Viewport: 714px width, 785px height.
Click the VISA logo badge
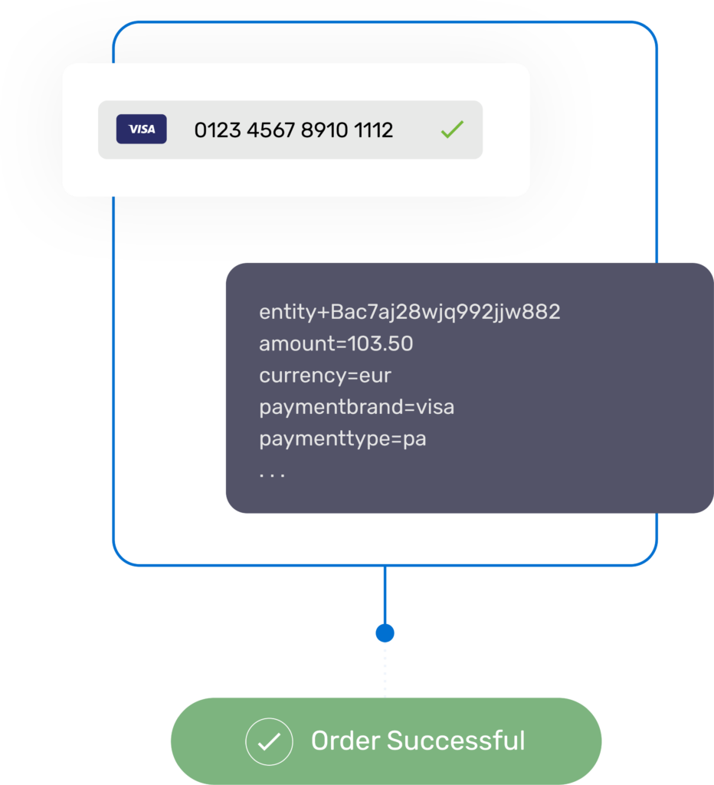pos(141,130)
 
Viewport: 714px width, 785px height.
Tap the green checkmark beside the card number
pos(452,130)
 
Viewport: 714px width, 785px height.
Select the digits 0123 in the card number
pos(217,130)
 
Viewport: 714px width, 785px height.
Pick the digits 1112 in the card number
pos(374,130)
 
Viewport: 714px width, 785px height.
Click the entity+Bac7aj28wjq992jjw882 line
pos(410,312)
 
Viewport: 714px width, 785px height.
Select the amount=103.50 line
pos(336,344)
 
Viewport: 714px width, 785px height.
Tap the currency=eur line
pos(325,376)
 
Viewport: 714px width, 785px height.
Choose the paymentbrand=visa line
pos(356,407)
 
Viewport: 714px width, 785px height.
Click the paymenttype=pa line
pos(342,439)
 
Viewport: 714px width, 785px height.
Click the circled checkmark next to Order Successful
pos(269,742)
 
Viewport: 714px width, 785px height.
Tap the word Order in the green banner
pos(345,741)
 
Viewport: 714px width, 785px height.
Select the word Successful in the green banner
pos(456,741)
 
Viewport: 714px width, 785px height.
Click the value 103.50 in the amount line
pos(381,344)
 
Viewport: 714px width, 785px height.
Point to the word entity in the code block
pos(287,313)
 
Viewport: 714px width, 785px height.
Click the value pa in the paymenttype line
pos(414,440)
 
